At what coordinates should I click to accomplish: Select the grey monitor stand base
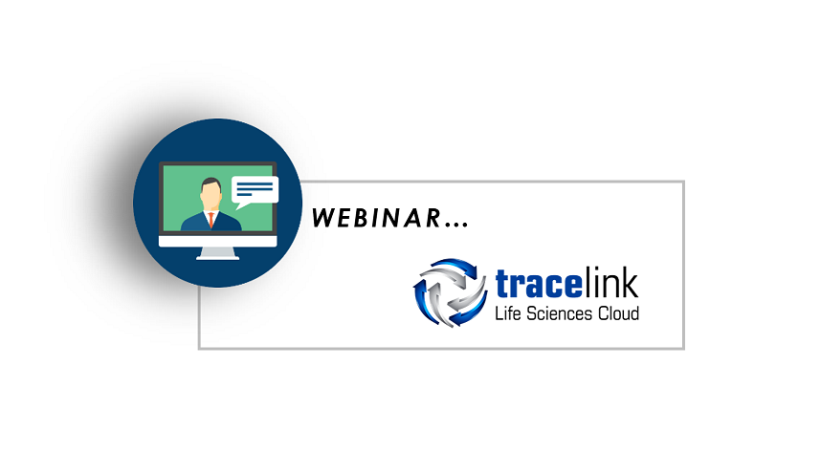217,254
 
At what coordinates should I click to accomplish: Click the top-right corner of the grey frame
683,182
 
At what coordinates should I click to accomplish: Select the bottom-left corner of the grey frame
199,348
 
